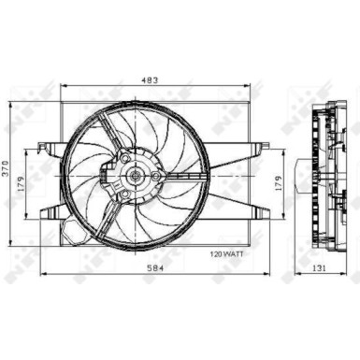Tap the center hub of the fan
[136, 175]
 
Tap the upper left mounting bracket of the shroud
[47, 146]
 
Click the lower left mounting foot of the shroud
[47, 209]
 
